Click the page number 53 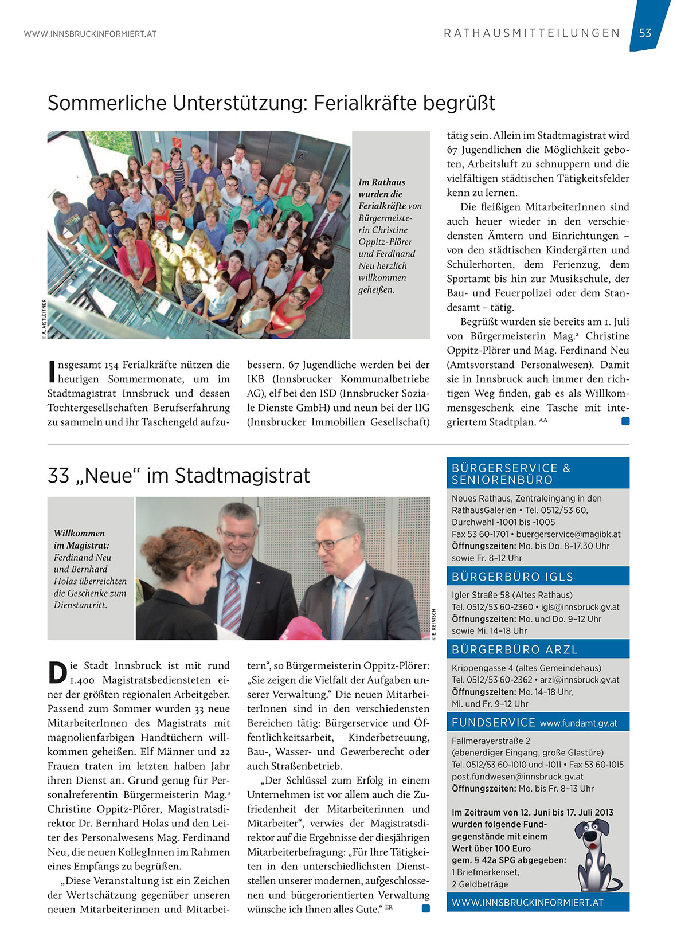(x=645, y=33)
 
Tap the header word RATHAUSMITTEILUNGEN (x=532, y=33)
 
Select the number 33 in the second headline (x=58, y=476)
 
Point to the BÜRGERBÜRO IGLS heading (x=512, y=577)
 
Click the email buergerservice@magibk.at (x=568, y=534)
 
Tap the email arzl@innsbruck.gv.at (x=580, y=680)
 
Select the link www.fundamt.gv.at (x=578, y=723)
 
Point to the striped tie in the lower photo (x=231, y=593)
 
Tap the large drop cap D (x=57, y=672)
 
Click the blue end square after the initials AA (x=625, y=421)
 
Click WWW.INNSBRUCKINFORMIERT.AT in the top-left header (x=90, y=34)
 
